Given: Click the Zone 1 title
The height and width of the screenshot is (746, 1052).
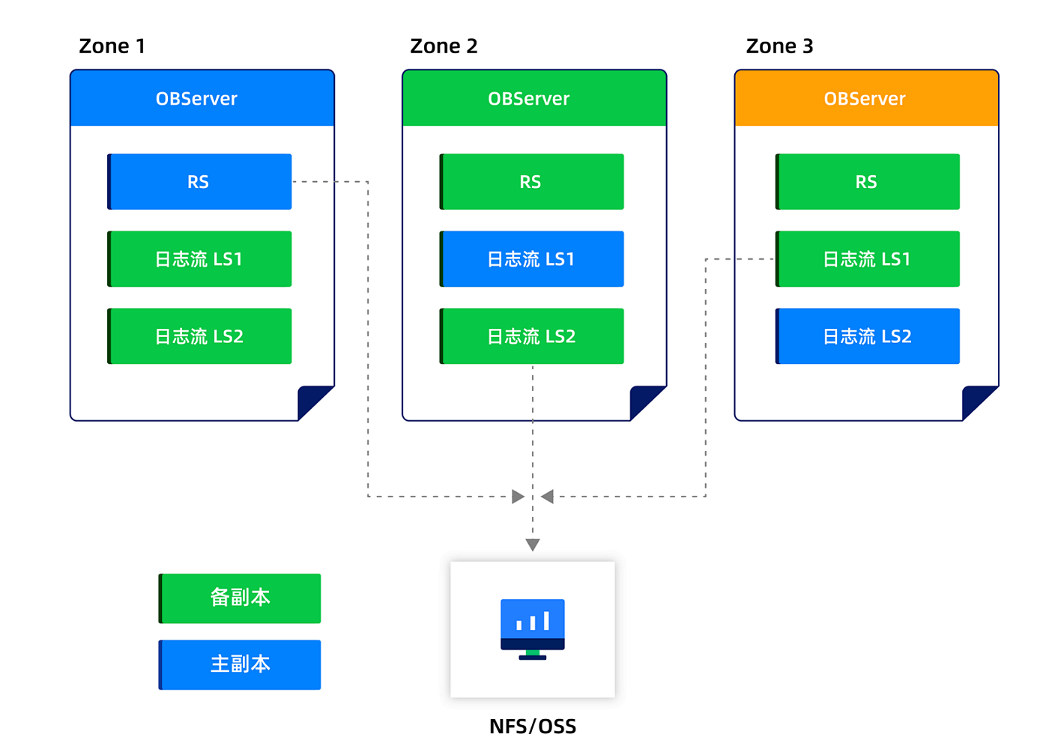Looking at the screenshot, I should [x=112, y=46].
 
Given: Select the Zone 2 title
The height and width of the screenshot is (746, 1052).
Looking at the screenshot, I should [x=444, y=46].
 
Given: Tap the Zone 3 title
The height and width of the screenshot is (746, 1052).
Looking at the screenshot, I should [x=779, y=46].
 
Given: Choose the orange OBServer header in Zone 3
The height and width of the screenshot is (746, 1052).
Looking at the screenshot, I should [x=866, y=98].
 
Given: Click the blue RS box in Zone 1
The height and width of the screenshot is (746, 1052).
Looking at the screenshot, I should [x=199, y=182].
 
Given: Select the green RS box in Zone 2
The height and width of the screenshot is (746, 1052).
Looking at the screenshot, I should [x=531, y=182].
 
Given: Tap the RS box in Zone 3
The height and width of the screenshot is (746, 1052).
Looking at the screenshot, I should [x=867, y=182].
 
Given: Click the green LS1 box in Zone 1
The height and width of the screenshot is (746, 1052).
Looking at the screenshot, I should [x=199, y=259].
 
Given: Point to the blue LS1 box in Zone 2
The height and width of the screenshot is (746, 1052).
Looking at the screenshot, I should [x=531, y=259].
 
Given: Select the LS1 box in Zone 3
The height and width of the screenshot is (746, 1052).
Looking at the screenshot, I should [x=867, y=259].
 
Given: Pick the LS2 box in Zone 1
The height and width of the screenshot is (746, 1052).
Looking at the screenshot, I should [x=199, y=336].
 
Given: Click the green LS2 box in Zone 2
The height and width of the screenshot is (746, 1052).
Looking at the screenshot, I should [x=531, y=336].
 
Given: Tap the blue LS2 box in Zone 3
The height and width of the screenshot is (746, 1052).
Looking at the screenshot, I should [x=867, y=336].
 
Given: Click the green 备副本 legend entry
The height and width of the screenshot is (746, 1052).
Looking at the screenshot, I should [x=240, y=598].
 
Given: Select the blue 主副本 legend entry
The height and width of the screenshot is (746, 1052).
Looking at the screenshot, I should [x=240, y=664].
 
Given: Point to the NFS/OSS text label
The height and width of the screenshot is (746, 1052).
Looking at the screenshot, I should [x=533, y=727].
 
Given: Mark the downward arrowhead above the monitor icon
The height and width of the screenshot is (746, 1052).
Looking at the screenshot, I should [x=533, y=545].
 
